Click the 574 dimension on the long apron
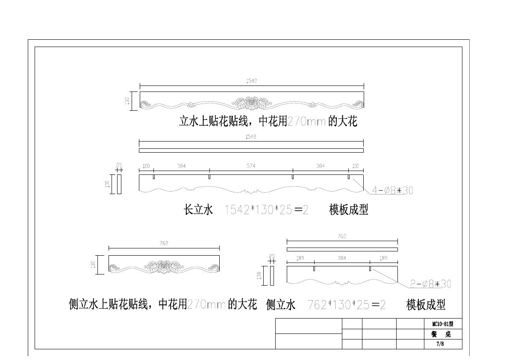click(x=251, y=166)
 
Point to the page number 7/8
click(x=440, y=344)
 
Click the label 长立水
click(x=198, y=210)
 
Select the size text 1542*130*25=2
click(x=266, y=210)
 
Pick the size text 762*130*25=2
click(x=347, y=305)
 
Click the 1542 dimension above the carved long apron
click(x=251, y=80)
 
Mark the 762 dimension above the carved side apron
click(x=164, y=243)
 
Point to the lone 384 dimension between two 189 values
click(x=342, y=258)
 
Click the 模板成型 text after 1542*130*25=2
click(x=348, y=210)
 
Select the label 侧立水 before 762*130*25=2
click(x=281, y=305)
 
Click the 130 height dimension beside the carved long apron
click(x=127, y=101)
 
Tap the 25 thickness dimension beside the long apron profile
click(x=119, y=165)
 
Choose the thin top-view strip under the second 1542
click(x=251, y=150)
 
